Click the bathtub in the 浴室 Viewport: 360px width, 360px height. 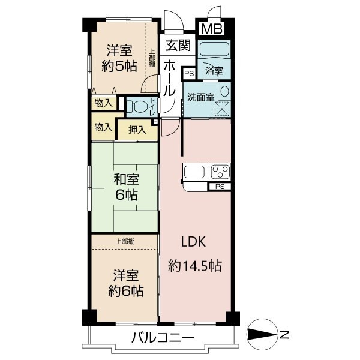point(215,50)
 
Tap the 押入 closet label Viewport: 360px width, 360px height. point(137,128)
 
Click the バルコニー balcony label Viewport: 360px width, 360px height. point(163,338)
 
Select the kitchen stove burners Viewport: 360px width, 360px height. point(219,172)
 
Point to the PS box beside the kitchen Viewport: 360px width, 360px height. point(219,187)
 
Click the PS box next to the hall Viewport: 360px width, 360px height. point(189,74)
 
